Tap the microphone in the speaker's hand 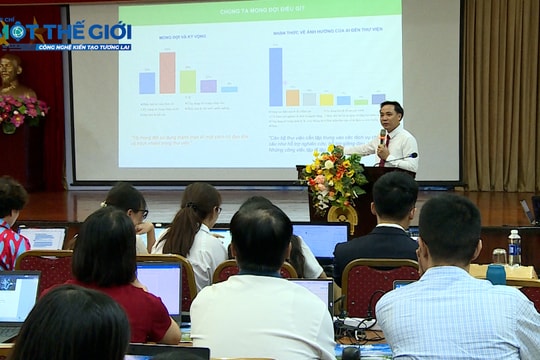click(382, 135)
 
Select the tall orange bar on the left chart click(167, 73)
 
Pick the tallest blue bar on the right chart click(275, 76)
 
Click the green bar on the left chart click(187, 81)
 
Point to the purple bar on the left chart click(208, 86)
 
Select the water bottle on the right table click(514, 247)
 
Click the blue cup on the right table click(496, 274)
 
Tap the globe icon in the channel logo click(17, 31)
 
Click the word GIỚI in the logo click(107, 31)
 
